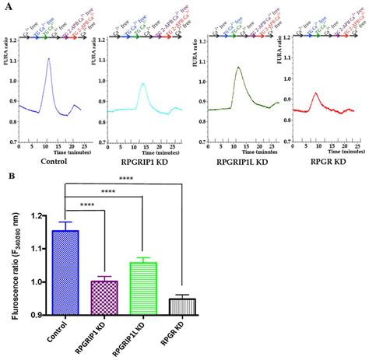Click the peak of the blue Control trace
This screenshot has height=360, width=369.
coord(48,59)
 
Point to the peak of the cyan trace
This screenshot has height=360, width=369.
coord(143,84)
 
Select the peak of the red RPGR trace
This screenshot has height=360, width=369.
coord(315,93)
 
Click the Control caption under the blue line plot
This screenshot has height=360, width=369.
coord(48,161)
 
